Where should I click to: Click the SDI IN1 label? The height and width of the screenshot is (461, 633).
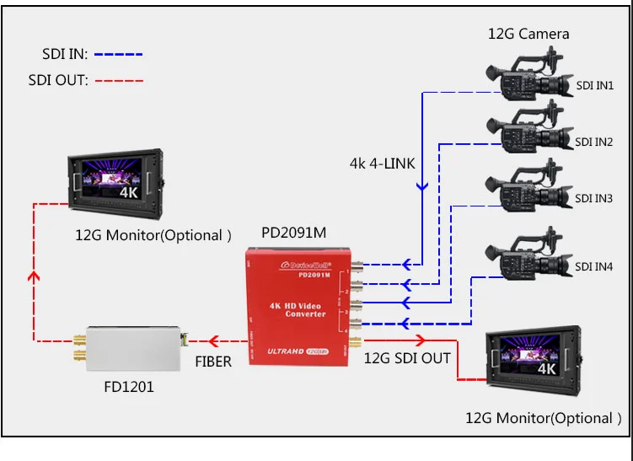click(x=595, y=86)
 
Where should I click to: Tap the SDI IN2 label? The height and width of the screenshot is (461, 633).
click(x=595, y=142)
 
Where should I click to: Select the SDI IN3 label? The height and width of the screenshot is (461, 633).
click(x=595, y=199)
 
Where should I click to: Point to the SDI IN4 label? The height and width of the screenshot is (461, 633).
click(x=595, y=267)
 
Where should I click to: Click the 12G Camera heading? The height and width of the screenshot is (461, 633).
click(x=528, y=34)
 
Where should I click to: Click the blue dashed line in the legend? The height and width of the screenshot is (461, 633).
click(x=119, y=54)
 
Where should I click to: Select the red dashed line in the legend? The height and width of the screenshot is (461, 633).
click(x=119, y=82)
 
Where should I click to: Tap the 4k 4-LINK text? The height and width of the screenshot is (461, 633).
click(x=383, y=163)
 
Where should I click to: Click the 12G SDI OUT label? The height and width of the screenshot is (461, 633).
click(x=407, y=358)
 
